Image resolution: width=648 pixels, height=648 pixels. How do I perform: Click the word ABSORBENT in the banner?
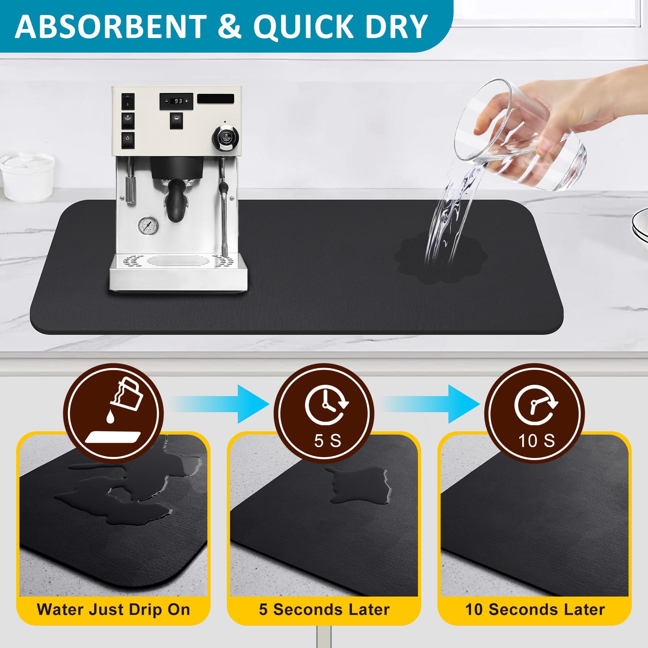(111, 27)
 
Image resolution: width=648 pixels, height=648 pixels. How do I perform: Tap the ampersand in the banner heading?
(230, 27)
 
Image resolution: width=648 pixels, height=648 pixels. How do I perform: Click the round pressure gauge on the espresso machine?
(147, 226)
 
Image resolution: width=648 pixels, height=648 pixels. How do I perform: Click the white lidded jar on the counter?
(28, 176)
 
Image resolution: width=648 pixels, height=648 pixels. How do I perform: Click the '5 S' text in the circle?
(327, 441)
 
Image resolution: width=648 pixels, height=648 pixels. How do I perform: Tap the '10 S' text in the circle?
(537, 441)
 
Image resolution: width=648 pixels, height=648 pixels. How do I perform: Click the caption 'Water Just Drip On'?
(113, 610)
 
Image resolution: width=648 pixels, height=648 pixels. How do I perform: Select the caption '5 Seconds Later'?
(324, 610)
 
